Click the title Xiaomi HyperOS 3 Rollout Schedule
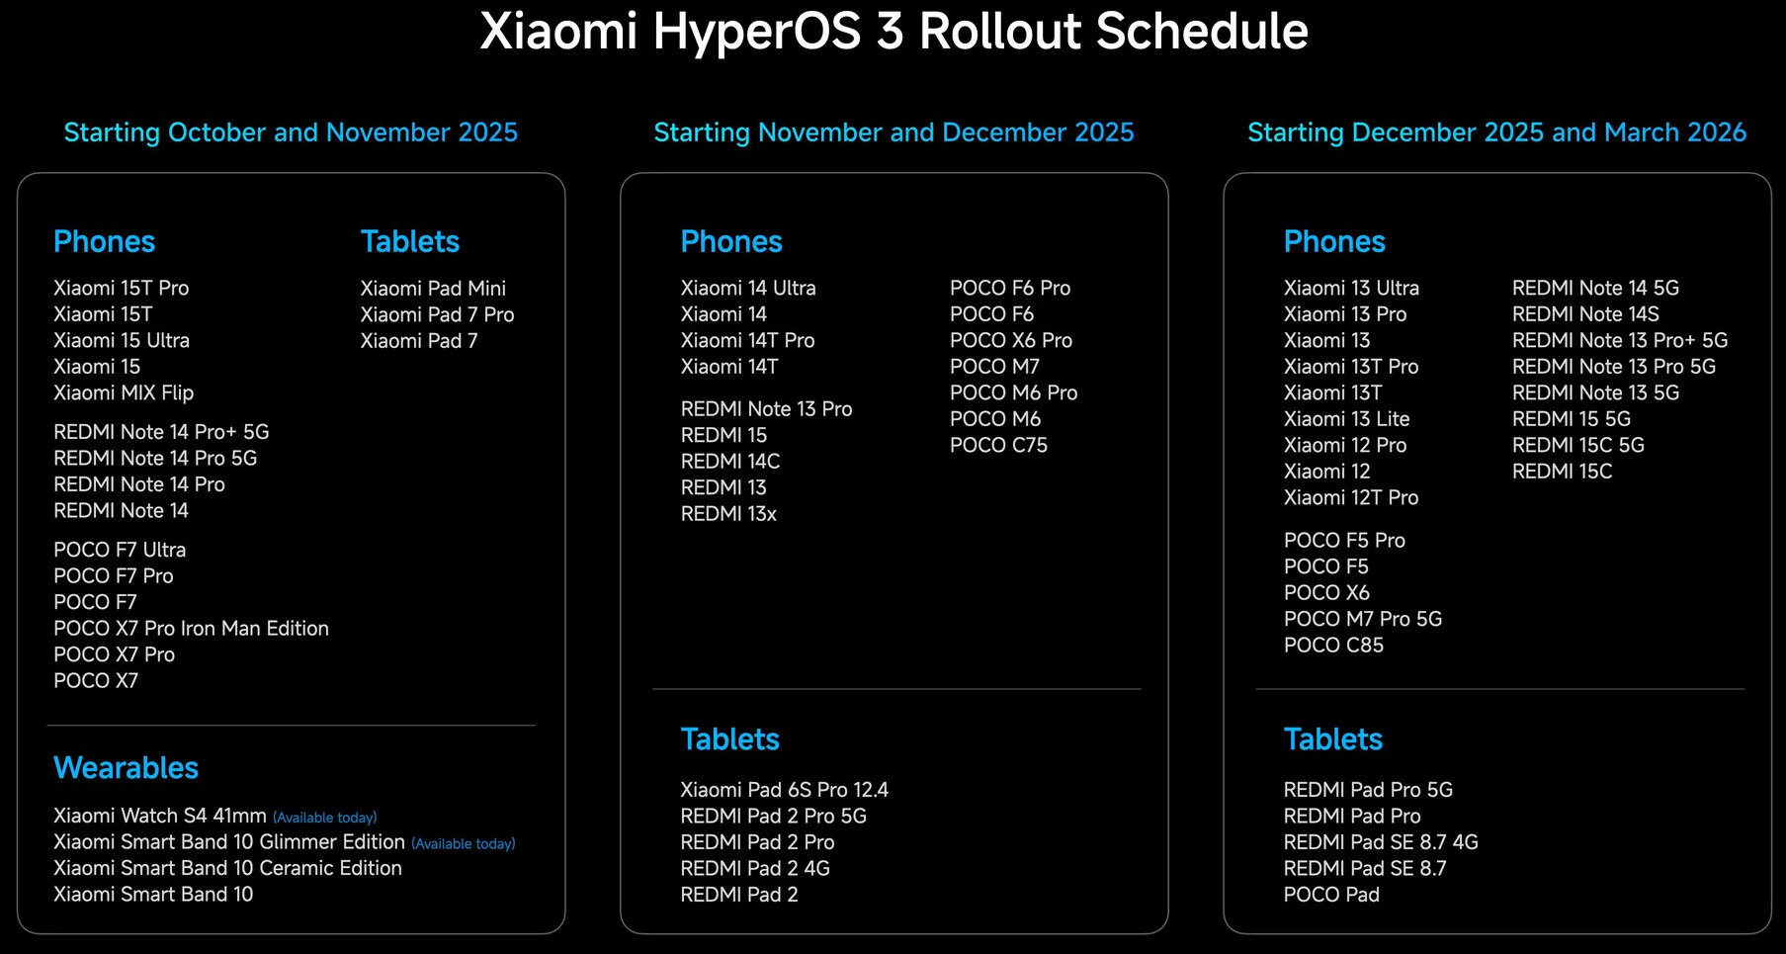(893, 32)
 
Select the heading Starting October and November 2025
(291, 132)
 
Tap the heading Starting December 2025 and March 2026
(1496, 132)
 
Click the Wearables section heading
(126, 768)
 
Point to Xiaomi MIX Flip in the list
(124, 392)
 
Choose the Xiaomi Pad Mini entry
(433, 288)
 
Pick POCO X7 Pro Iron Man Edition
(191, 629)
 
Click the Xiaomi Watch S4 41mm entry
(160, 816)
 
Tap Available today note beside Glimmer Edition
(464, 843)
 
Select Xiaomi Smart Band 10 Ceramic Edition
(227, 868)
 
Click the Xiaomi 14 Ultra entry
(748, 288)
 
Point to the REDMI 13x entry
(728, 514)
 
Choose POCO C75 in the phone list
(998, 445)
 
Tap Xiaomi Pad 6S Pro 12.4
(784, 790)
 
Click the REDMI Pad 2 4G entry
(755, 868)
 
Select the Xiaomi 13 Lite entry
(1346, 419)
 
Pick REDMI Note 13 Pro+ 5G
(1620, 340)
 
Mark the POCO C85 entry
(1333, 646)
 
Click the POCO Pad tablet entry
(1331, 895)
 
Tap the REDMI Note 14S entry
(1585, 314)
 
